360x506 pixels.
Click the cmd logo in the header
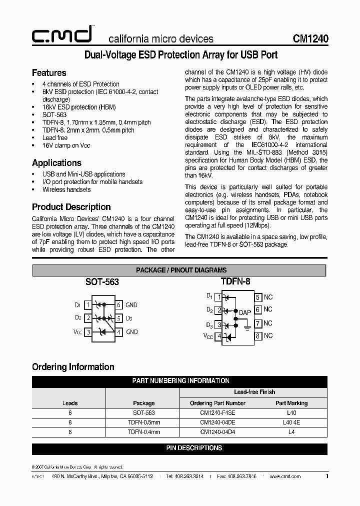(x=61, y=35)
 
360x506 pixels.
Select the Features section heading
(x=49, y=73)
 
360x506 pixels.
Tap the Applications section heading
(x=56, y=163)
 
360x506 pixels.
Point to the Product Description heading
(x=71, y=207)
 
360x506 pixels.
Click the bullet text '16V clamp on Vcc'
(x=66, y=145)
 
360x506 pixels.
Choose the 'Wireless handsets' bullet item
(x=66, y=189)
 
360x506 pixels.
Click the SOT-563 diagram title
(x=102, y=282)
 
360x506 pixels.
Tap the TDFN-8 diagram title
(x=235, y=281)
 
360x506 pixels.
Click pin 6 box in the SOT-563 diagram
(x=118, y=305)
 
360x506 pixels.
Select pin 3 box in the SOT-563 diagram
(x=88, y=332)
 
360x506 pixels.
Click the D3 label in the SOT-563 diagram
(x=129, y=318)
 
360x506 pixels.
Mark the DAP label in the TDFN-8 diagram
(x=244, y=312)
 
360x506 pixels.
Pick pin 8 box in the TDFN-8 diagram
(x=258, y=336)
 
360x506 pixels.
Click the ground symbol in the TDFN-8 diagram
(x=246, y=328)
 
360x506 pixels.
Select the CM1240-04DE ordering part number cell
(x=217, y=422)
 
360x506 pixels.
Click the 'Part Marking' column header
(x=291, y=403)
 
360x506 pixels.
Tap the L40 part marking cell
(x=291, y=413)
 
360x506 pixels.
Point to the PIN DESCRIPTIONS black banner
(x=194, y=448)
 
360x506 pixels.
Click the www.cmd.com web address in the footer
(x=285, y=476)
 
